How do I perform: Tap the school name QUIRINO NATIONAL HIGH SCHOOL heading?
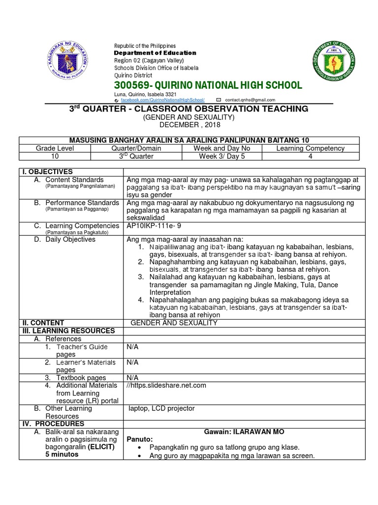[208, 85]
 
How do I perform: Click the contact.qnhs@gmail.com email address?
[250, 100]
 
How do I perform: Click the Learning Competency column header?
[310, 148]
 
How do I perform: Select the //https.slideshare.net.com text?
[166, 385]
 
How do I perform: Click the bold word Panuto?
[140, 439]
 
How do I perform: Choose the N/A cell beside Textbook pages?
[132, 377]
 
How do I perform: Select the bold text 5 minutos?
[62, 454]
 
